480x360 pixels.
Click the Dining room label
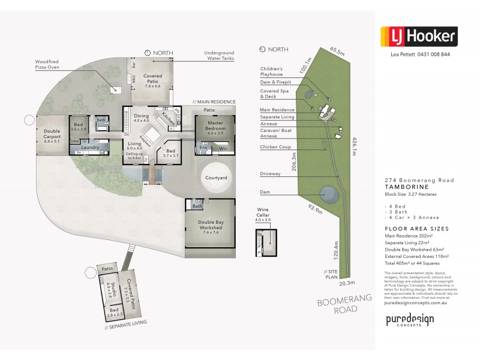[x=141, y=118]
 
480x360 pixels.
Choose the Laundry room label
[x=90, y=147]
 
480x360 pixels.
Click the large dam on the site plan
[x=328, y=194]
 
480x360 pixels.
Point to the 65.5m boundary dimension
[x=337, y=52]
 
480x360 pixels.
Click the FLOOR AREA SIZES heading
[x=416, y=229]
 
